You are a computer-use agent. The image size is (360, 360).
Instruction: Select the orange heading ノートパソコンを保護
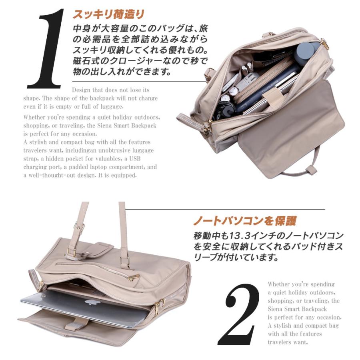[x=245, y=221]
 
